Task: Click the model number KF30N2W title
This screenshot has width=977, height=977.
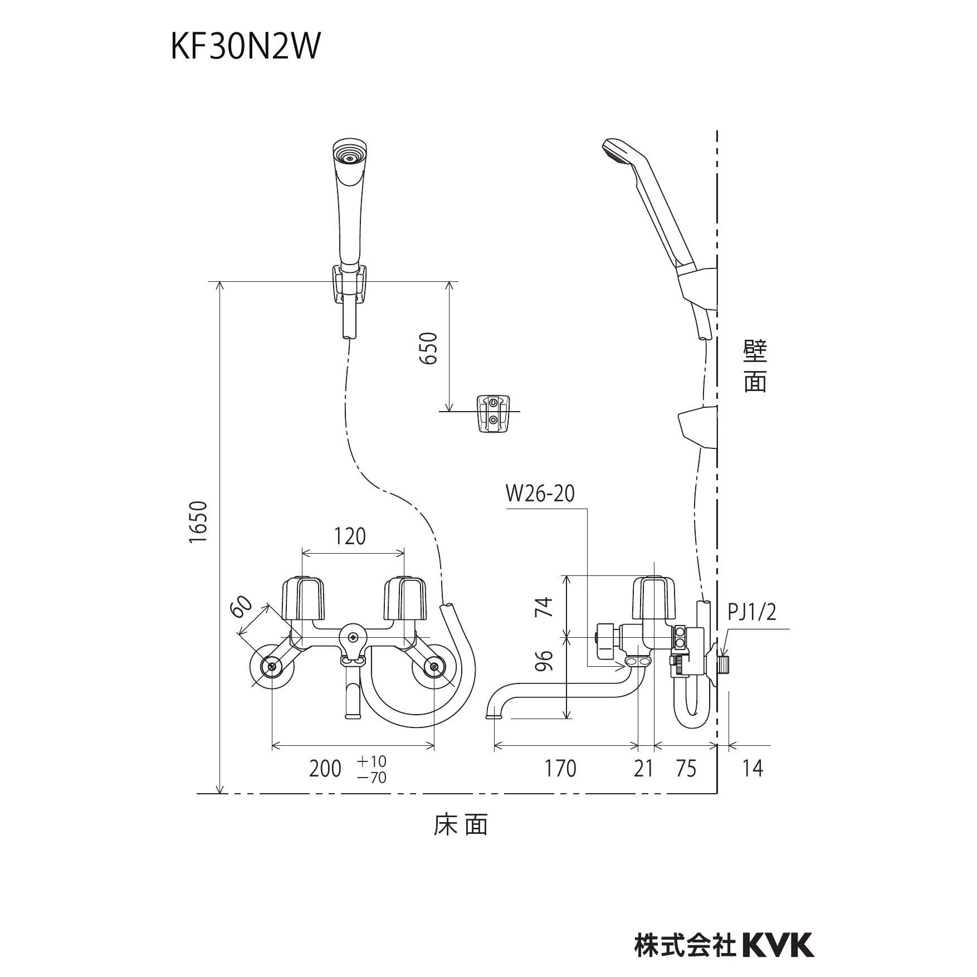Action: coord(246,47)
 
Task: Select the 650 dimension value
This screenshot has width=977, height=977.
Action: coord(428,348)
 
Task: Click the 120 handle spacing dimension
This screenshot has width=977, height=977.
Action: coord(350,536)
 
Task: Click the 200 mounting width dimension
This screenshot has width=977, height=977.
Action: coord(325,769)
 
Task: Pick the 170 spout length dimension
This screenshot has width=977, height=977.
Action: coord(560,769)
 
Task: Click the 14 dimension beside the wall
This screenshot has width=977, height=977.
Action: coord(752,769)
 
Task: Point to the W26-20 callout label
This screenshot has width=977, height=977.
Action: coord(540,494)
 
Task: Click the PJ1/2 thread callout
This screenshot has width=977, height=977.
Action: coord(752,613)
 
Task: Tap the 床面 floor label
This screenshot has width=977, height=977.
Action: coord(461,825)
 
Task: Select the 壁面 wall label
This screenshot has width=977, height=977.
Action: coord(755,367)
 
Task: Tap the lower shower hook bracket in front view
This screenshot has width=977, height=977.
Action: coord(492,413)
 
